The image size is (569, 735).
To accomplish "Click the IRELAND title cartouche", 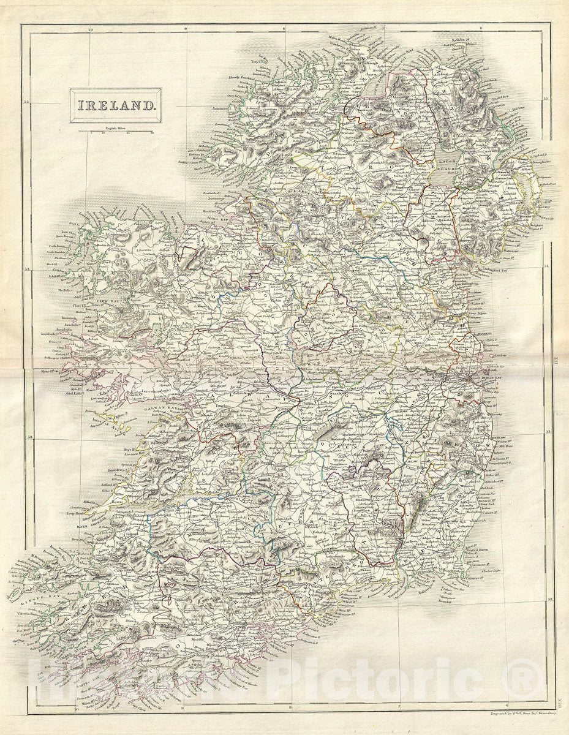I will pyautogui.click(x=115, y=105).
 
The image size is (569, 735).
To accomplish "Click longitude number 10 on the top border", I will pyautogui.click(x=90, y=28).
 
